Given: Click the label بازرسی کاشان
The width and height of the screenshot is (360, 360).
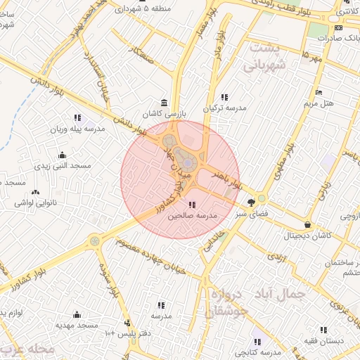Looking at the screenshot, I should [162, 113].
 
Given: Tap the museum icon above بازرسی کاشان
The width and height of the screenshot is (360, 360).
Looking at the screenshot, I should [164, 102].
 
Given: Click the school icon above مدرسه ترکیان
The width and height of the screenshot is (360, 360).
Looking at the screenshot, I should [224, 97].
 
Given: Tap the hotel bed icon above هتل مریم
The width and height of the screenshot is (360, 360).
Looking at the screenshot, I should [319, 92].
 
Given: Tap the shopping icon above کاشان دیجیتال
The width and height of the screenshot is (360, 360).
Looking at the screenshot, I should [308, 225].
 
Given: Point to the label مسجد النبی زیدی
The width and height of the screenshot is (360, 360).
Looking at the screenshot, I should [63, 166].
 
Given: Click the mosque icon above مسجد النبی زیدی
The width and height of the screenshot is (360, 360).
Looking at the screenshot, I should [63, 155].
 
